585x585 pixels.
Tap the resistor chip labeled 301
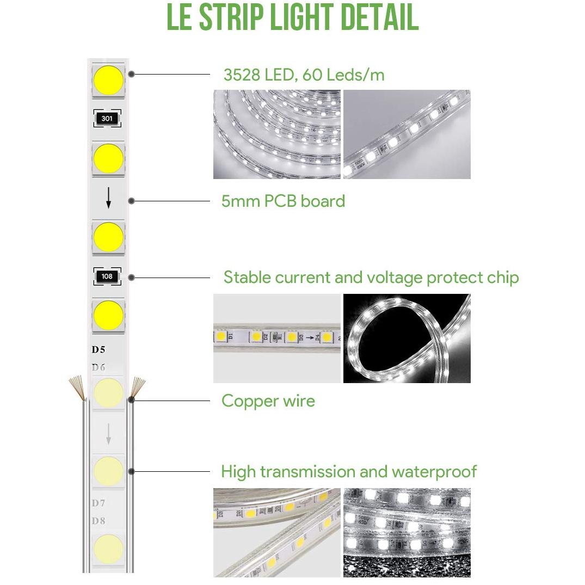[107, 119]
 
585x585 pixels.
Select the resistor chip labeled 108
[107, 276]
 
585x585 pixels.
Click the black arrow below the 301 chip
[109, 198]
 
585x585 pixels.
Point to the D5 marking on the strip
[98, 349]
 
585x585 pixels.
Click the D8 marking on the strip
[98, 520]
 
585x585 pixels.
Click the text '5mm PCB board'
[283, 201]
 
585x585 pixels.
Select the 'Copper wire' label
[268, 401]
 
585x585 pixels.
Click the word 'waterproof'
[434, 472]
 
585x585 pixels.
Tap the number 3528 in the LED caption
[242, 75]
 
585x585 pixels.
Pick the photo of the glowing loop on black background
[407, 338]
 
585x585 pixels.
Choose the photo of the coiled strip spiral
[277, 134]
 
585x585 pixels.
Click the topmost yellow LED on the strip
[108, 80]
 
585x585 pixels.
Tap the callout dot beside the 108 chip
[131, 278]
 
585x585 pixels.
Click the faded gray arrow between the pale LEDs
[109, 434]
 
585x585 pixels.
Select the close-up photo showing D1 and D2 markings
[277, 338]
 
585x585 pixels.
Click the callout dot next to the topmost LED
[131, 74]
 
